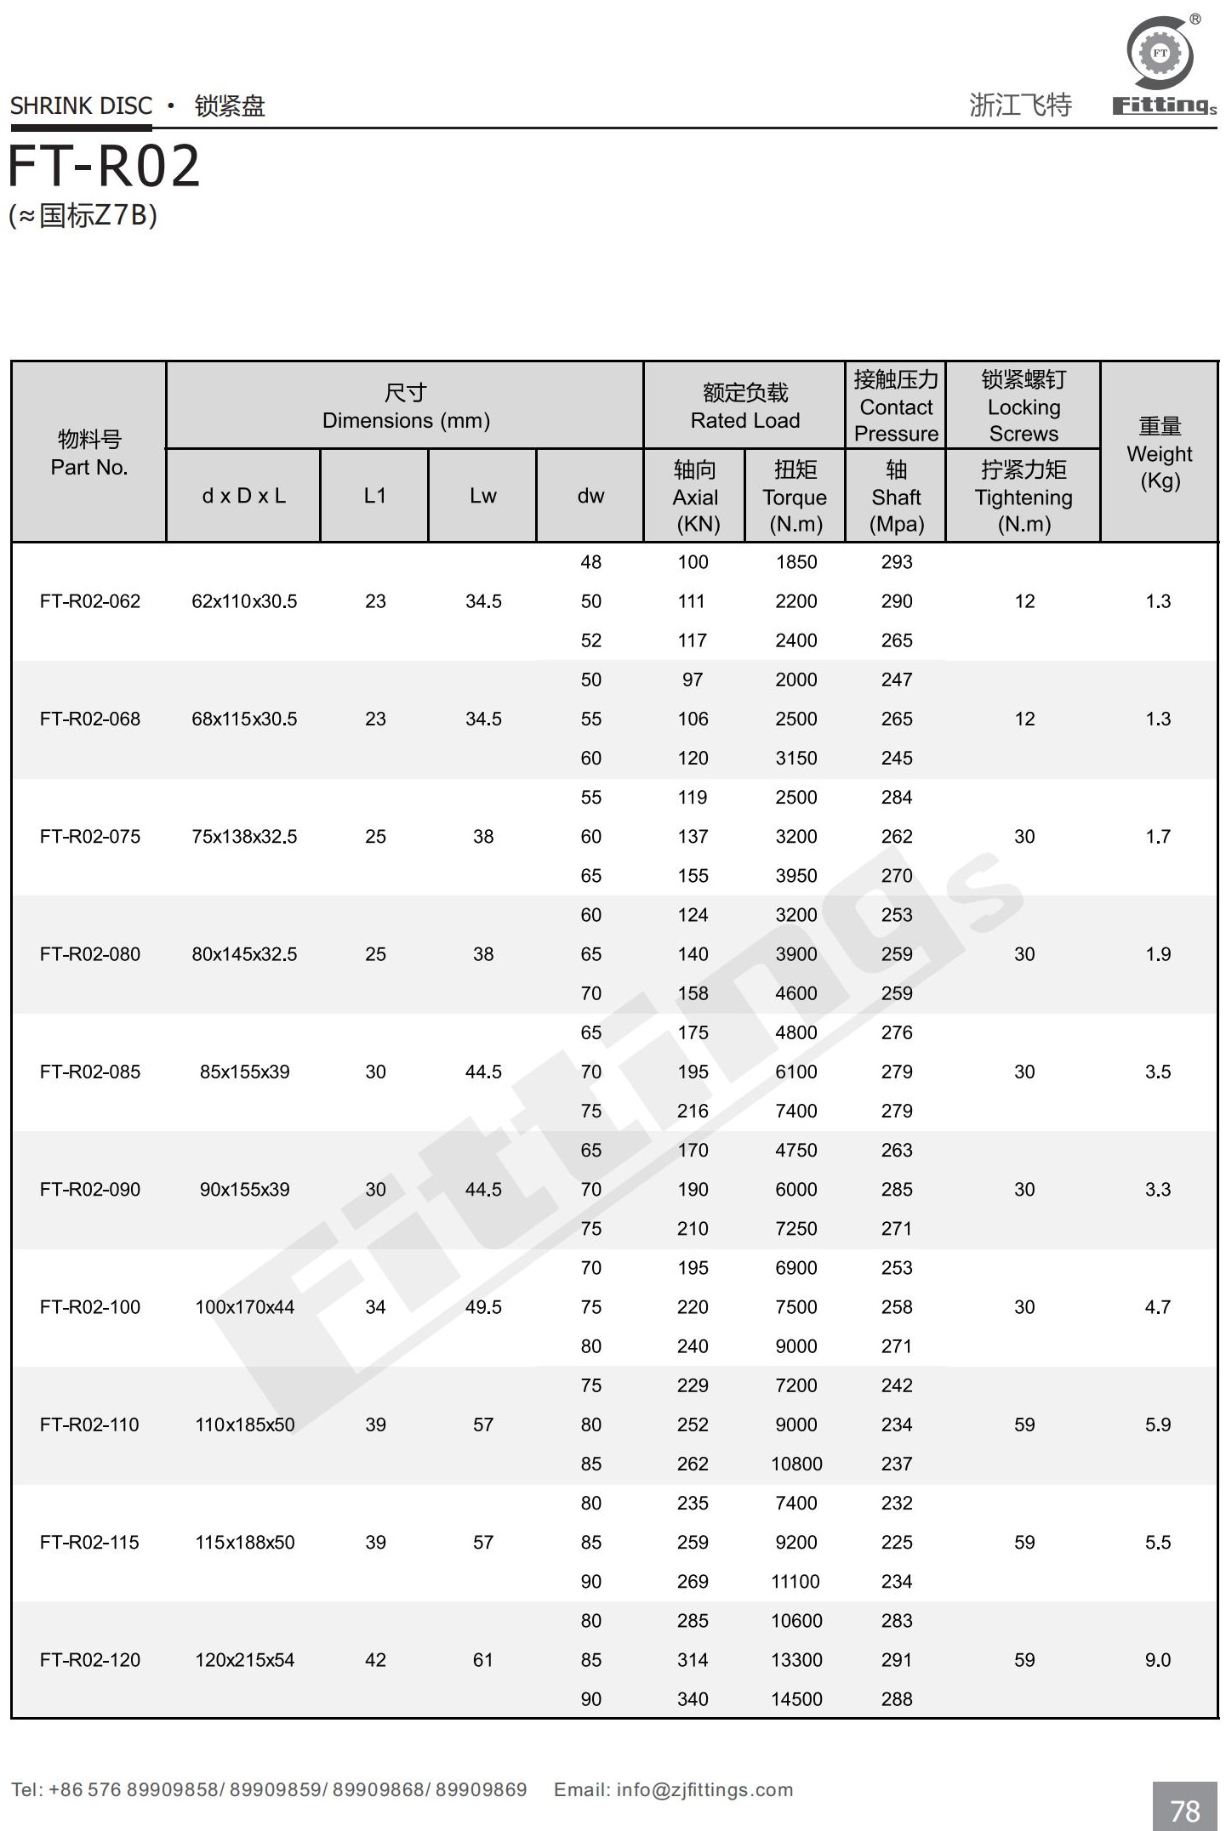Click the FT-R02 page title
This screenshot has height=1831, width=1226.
(x=104, y=166)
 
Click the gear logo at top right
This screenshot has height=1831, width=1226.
(x=1160, y=53)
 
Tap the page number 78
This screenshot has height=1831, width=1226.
(x=1184, y=1811)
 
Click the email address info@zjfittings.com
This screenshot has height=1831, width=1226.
(x=704, y=1789)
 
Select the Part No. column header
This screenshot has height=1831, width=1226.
(x=88, y=452)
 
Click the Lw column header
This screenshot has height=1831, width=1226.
(x=482, y=496)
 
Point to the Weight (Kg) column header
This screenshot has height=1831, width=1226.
(x=1159, y=452)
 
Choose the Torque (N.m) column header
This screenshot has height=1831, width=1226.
(x=795, y=497)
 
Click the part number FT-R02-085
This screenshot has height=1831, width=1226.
(x=89, y=1072)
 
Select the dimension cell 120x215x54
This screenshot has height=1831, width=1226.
(x=244, y=1659)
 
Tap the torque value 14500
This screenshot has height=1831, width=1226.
(x=796, y=1698)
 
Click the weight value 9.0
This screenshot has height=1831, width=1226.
(x=1157, y=1659)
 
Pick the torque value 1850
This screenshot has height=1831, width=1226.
(x=795, y=562)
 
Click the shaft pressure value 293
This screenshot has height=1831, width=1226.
(x=896, y=562)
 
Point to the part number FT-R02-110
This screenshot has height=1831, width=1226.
(x=89, y=1424)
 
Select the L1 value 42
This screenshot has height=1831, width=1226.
(x=375, y=1659)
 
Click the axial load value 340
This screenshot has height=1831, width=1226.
(x=693, y=1698)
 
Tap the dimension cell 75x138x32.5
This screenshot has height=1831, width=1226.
(x=244, y=836)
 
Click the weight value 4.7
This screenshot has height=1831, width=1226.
(x=1157, y=1306)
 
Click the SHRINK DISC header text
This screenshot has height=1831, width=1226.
(x=81, y=106)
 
